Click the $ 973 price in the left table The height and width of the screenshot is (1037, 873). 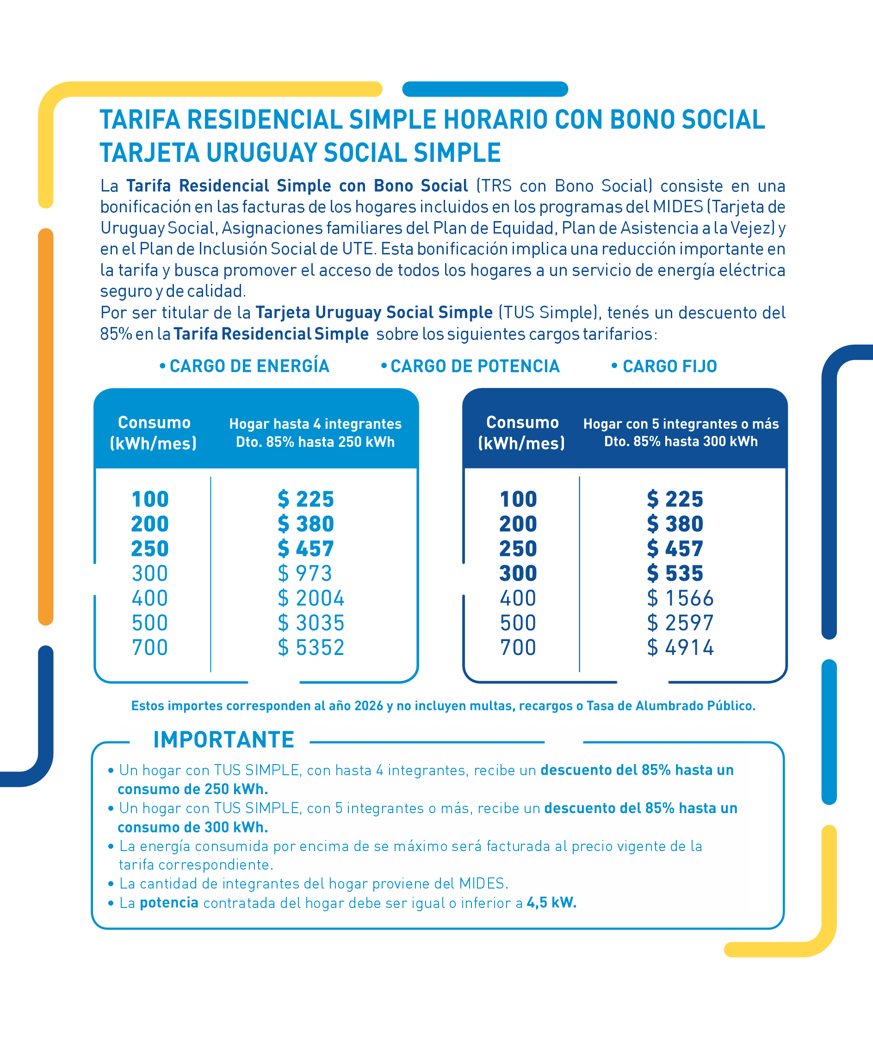pyautogui.click(x=304, y=574)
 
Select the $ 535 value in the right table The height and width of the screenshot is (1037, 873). pyautogui.click(x=675, y=574)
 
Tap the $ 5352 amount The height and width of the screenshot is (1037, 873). pyautogui.click(x=311, y=648)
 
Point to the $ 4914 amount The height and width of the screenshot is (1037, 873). pyautogui.click(x=680, y=648)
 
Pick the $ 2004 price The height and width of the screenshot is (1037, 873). pyautogui.click(x=311, y=598)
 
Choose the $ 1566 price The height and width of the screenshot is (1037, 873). pyautogui.click(x=680, y=598)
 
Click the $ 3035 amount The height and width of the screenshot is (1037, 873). pyautogui.click(x=311, y=623)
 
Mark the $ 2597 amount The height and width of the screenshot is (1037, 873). pyautogui.click(x=680, y=623)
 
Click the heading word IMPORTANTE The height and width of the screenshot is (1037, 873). pyautogui.click(x=224, y=740)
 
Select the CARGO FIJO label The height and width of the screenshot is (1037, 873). pyautogui.click(x=669, y=367)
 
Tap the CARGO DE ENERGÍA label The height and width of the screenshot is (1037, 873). pyautogui.click(x=249, y=367)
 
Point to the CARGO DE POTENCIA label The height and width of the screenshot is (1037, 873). pyautogui.click(x=475, y=367)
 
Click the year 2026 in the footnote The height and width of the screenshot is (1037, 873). pyautogui.click(x=369, y=706)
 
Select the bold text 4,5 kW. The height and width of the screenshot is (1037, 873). pyautogui.click(x=551, y=903)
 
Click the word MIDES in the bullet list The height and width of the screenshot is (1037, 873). pyautogui.click(x=482, y=883)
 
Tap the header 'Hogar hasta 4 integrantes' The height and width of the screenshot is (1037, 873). pyautogui.click(x=315, y=424)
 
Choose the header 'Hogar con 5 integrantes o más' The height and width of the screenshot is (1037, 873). pyautogui.click(x=681, y=424)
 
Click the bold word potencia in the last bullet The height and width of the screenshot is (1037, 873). pyautogui.click(x=169, y=903)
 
